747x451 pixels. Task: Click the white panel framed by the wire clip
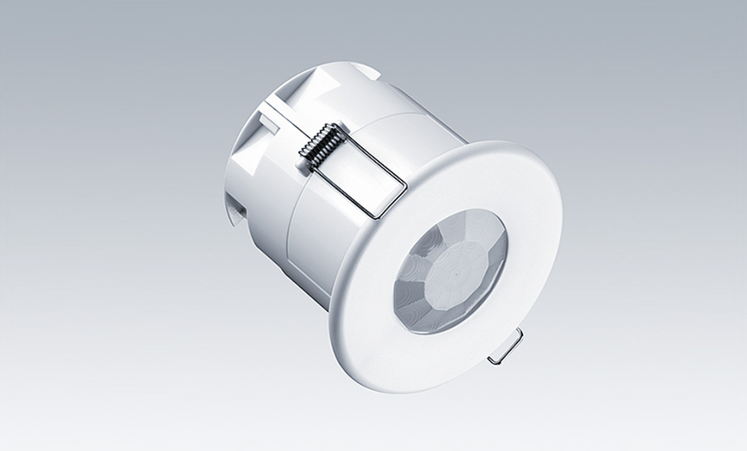pos(358,171)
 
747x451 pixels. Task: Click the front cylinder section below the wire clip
pos(332,249)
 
